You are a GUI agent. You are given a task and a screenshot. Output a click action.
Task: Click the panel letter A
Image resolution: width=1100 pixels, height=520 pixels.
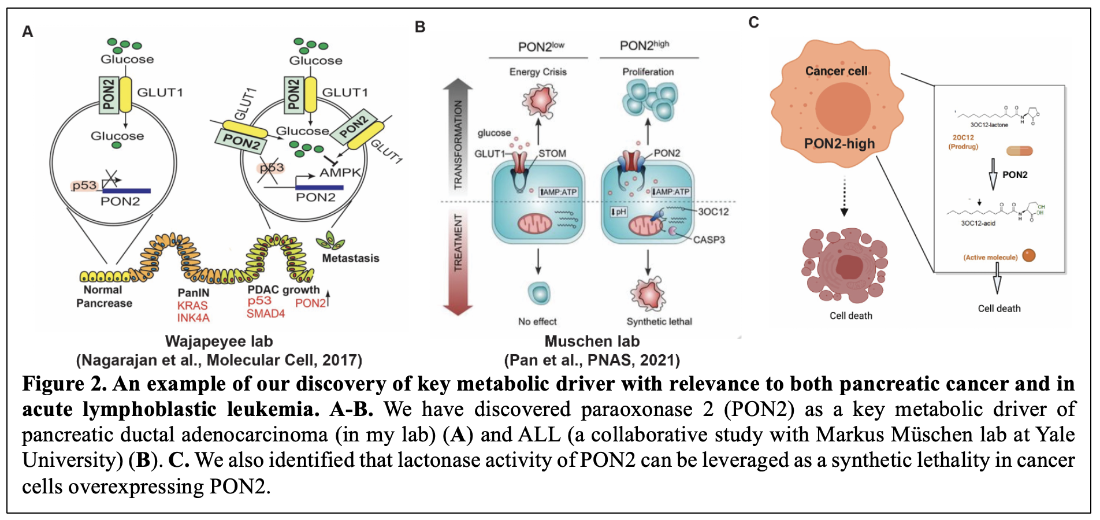point(27,32)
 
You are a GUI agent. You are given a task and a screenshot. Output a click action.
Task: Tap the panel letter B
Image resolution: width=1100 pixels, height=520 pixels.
point(420,27)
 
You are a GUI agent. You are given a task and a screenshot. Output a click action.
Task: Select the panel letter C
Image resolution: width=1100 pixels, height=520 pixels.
point(753,23)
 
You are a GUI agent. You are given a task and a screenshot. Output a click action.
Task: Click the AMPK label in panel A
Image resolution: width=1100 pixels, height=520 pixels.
point(340,172)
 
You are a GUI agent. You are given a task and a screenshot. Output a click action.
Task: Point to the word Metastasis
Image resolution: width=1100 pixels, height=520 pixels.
point(350,258)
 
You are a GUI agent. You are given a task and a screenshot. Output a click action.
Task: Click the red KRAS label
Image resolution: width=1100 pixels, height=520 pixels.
point(192,306)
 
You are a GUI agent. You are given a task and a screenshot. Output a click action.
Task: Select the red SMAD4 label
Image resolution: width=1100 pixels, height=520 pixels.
point(266,314)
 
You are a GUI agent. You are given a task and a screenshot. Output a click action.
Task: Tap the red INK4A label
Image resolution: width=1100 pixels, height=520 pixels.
point(193,318)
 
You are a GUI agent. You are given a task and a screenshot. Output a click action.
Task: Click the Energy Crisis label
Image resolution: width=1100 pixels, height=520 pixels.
point(538,72)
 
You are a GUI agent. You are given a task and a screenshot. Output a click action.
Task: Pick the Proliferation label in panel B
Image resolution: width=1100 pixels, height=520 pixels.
point(648,72)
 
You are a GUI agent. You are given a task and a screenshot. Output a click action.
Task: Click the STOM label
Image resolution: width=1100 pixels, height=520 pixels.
point(552,154)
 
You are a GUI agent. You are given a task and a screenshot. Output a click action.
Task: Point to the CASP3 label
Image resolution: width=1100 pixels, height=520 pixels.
point(709,240)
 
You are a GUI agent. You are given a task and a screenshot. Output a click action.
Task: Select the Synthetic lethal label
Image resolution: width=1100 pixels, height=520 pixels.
point(659,322)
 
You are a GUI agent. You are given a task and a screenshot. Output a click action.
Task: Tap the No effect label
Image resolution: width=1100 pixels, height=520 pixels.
point(537,322)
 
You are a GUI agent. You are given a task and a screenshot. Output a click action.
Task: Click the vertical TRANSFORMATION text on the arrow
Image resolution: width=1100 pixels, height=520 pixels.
point(459,145)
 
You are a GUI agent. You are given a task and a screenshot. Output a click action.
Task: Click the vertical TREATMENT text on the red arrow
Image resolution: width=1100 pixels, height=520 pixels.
point(459,243)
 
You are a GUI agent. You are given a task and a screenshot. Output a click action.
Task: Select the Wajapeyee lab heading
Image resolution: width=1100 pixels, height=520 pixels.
point(219,341)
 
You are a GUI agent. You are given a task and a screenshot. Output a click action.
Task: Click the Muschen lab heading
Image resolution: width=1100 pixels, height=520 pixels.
point(592,341)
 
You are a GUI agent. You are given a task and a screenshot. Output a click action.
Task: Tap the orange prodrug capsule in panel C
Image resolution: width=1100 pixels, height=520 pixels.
point(1019,151)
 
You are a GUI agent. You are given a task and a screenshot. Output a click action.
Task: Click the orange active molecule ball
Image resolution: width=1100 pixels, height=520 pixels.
point(1029,255)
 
